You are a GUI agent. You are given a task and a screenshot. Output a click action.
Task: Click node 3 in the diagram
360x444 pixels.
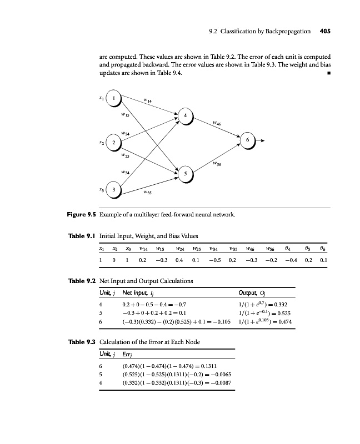pyautogui.click(x=114, y=190)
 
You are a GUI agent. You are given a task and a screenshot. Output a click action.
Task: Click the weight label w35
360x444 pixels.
pyautogui.click(x=147, y=193)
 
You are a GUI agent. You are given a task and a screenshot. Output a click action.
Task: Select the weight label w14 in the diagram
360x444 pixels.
pyautogui.click(x=148, y=100)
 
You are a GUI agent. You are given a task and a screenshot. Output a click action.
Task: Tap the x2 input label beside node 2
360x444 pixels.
pyautogui.click(x=101, y=143)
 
